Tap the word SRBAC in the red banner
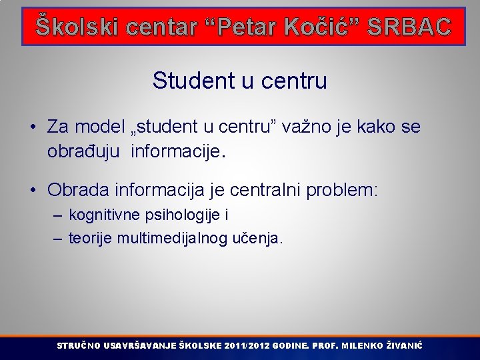click(409, 26)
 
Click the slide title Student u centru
click(239, 81)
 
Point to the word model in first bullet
click(100, 127)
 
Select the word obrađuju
click(85, 151)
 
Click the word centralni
click(265, 191)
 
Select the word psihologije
click(181, 215)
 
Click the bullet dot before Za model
click(33, 127)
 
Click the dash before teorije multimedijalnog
click(57, 238)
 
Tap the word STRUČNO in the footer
click(79, 346)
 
